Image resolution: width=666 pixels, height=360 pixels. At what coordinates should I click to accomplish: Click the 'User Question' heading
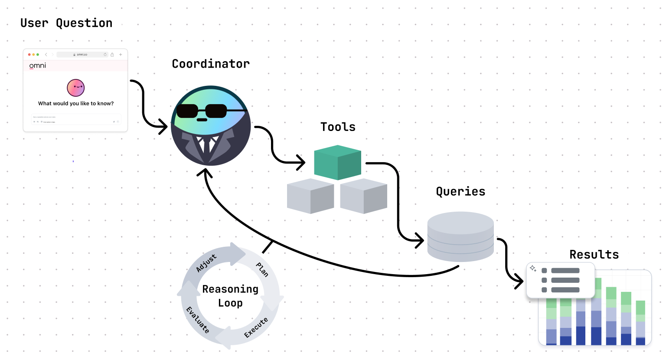click(x=66, y=23)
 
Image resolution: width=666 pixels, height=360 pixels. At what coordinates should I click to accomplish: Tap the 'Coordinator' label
click(x=211, y=64)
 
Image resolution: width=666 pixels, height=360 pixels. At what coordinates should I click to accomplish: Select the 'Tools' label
click(x=338, y=127)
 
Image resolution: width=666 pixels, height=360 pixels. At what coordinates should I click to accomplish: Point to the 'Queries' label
click(x=460, y=191)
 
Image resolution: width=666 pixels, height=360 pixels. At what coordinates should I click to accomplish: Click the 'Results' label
click(x=594, y=255)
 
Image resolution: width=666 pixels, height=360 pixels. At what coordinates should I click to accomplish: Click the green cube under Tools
click(x=337, y=163)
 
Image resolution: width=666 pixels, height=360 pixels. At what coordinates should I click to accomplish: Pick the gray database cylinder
click(x=460, y=236)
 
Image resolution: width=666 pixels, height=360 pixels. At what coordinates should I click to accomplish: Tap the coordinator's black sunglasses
click(x=202, y=111)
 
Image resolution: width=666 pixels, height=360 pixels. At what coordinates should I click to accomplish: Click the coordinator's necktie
click(x=207, y=146)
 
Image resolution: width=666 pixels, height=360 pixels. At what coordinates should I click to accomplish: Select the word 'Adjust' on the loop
click(x=206, y=263)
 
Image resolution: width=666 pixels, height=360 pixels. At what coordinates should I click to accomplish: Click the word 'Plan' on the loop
click(x=262, y=269)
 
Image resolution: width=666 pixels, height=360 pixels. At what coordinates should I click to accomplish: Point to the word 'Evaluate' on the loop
click(x=198, y=320)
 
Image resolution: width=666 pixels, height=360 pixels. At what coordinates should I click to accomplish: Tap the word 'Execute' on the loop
click(x=256, y=327)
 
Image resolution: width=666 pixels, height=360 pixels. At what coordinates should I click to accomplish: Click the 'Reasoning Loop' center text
click(x=230, y=296)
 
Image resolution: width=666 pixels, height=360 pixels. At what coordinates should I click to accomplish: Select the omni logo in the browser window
click(x=38, y=65)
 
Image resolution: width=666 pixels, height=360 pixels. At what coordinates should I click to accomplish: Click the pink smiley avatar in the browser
click(x=76, y=88)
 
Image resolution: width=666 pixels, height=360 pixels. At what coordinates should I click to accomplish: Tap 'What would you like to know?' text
click(x=76, y=103)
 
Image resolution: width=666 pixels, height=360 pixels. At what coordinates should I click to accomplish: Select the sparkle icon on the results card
click(x=533, y=268)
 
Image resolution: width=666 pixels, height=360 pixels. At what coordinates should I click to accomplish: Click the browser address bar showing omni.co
click(x=82, y=55)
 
